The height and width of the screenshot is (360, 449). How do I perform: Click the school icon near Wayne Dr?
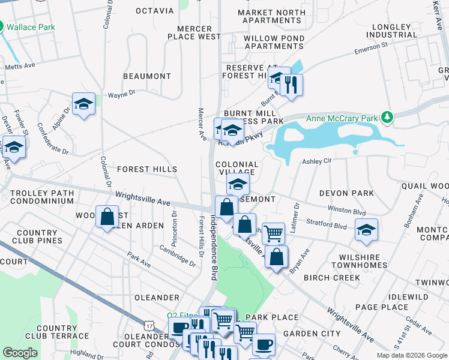(x=84, y=104)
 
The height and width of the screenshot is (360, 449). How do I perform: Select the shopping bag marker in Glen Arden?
(x=107, y=217)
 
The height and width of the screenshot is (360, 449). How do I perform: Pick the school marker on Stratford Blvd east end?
(x=366, y=230)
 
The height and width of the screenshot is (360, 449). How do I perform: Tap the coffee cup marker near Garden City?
(x=264, y=345)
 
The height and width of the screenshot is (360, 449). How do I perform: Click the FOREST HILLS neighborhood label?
(x=147, y=170)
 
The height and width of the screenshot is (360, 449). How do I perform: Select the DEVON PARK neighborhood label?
(x=346, y=193)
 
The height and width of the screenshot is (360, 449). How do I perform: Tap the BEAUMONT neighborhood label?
(x=147, y=76)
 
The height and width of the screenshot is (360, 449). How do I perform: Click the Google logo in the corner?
(x=20, y=353)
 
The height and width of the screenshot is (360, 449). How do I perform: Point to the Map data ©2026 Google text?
(x=411, y=355)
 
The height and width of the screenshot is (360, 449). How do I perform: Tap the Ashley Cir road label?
(x=317, y=161)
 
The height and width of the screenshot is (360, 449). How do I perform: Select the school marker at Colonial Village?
(x=238, y=184)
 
